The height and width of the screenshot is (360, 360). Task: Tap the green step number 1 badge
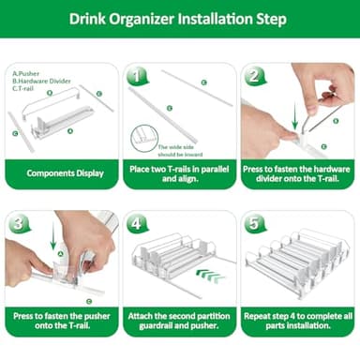tap(138, 76)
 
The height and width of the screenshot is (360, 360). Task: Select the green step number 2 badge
tap(254, 76)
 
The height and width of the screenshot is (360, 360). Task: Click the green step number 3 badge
tap(20, 224)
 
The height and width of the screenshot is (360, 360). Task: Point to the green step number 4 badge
tap(138, 224)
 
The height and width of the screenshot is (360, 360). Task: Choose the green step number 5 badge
tap(254, 224)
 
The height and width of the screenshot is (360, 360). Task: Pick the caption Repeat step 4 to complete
tap(295, 322)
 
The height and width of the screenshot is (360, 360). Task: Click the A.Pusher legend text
tap(24, 72)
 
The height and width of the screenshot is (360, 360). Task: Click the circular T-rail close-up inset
tap(144, 138)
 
